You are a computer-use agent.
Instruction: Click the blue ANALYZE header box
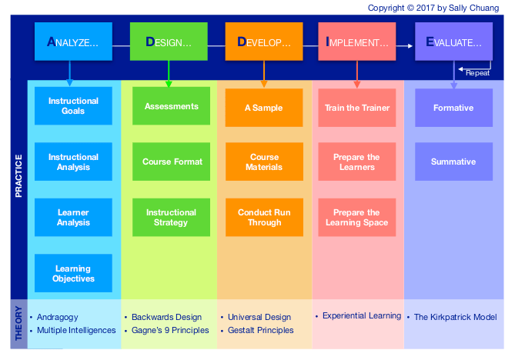pos(73,42)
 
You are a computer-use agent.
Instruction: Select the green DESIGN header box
pos(169,42)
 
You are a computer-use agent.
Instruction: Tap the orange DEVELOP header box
pos(264,42)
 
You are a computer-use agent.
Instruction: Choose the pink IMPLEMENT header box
pos(357,42)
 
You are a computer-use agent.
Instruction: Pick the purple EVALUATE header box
pos(453,42)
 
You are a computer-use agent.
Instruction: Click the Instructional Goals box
pos(73,106)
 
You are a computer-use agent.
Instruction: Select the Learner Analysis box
pos(73,218)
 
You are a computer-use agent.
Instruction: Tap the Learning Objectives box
pos(73,274)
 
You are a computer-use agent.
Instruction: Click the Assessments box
pos(171,106)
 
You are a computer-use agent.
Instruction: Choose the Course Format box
pos(171,162)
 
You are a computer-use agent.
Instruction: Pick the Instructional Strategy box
pos(171,218)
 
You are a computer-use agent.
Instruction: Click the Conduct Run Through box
pos(264,218)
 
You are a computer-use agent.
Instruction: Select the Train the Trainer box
pos(357,108)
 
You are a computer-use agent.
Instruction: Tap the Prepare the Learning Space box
pos(357,218)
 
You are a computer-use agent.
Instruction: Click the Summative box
pos(453,162)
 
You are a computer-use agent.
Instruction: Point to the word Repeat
pos(477,73)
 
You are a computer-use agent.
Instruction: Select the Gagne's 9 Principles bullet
pos(170,331)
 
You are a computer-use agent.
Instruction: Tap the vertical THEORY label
pos(18,323)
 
